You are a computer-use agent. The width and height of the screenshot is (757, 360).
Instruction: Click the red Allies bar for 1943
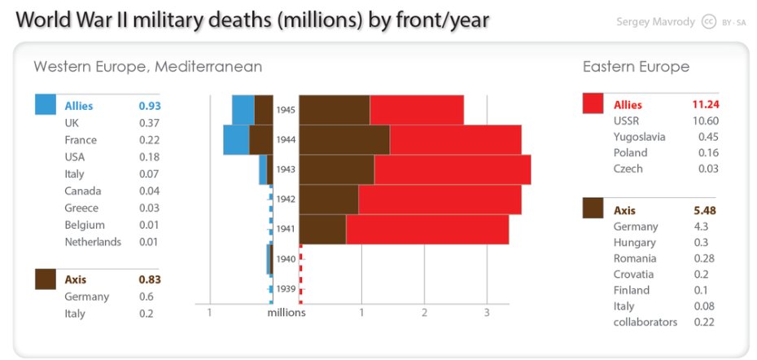click(452, 169)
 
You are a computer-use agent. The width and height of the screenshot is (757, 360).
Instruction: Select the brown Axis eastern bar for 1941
click(322, 229)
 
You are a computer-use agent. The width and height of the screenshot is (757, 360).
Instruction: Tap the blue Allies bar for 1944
click(236, 139)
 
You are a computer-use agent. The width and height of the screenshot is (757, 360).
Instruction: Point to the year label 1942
click(286, 199)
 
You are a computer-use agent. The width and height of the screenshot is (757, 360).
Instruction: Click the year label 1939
click(286, 288)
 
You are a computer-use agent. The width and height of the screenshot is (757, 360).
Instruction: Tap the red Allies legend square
click(593, 103)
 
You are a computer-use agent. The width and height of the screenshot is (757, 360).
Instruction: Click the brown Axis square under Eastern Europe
click(593, 209)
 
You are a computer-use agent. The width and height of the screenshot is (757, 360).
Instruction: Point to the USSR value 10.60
click(705, 121)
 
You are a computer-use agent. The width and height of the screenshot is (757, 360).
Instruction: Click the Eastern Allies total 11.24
click(705, 104)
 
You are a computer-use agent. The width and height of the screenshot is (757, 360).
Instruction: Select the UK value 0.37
click(149, 123)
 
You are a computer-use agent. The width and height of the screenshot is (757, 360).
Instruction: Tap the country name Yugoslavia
click(639, 137)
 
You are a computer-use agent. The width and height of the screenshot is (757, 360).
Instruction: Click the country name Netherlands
click(93, 242)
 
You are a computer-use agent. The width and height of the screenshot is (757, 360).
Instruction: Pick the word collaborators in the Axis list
click(645, 322)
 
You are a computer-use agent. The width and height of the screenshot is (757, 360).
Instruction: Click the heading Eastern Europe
click(636, 67)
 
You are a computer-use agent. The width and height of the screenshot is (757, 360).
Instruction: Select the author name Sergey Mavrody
click(657, 21)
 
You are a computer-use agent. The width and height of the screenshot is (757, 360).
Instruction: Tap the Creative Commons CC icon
click(708, 21)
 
